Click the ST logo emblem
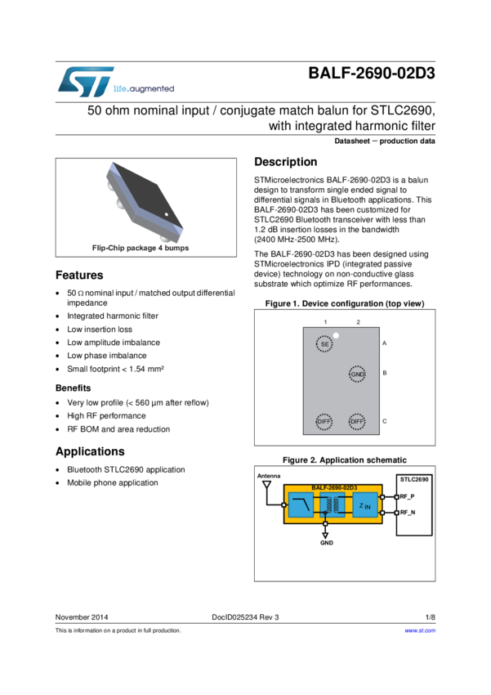coord(80,82)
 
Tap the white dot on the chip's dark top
coord(166,216)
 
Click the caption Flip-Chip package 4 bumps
coord(141,248)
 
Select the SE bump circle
coord(324,344)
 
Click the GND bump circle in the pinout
coord(357,374)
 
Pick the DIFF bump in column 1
coord(324,422)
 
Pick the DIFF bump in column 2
coord(357,422)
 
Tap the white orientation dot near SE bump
coord(336,335)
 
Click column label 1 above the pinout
coord(325,322)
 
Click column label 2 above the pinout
coord(358,322)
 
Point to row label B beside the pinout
coord(384,374)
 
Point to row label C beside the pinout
coord(384,422)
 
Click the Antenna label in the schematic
coord(269,476)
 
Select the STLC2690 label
coord(414,478)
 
